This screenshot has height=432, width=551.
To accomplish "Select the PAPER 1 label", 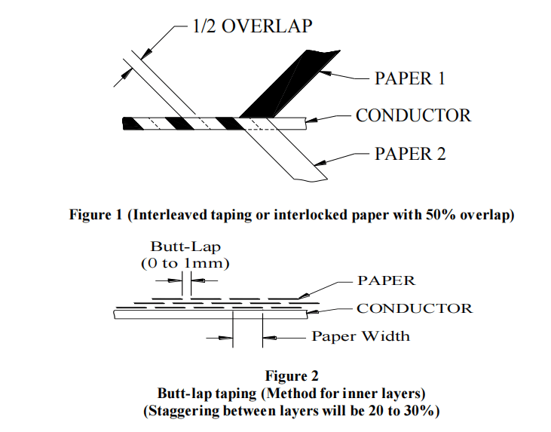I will tap(410, 78).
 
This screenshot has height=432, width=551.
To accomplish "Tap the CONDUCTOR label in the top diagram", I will tap(413, 115).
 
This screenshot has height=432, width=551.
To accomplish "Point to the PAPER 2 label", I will tap(410, 154).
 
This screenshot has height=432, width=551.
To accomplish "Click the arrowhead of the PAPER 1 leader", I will tap(325, 73).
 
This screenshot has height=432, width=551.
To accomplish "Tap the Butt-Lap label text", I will tap(182, 247).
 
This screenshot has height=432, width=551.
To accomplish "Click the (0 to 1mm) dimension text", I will tap(183, 263).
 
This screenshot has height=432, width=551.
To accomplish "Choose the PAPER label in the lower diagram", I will tap(386, 280).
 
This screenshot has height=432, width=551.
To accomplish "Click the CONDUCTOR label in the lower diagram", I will tap(415, 308).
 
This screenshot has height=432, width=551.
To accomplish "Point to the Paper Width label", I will tap(361, 336).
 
